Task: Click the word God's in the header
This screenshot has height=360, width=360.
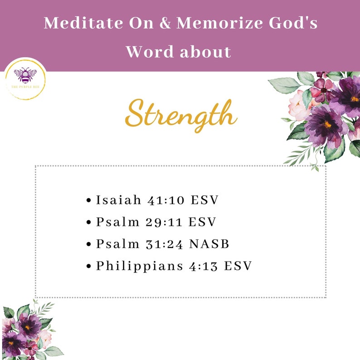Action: (292, 24)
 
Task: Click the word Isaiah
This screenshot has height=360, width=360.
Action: (119, 200)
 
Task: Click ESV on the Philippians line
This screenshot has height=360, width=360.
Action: (238, 266)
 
